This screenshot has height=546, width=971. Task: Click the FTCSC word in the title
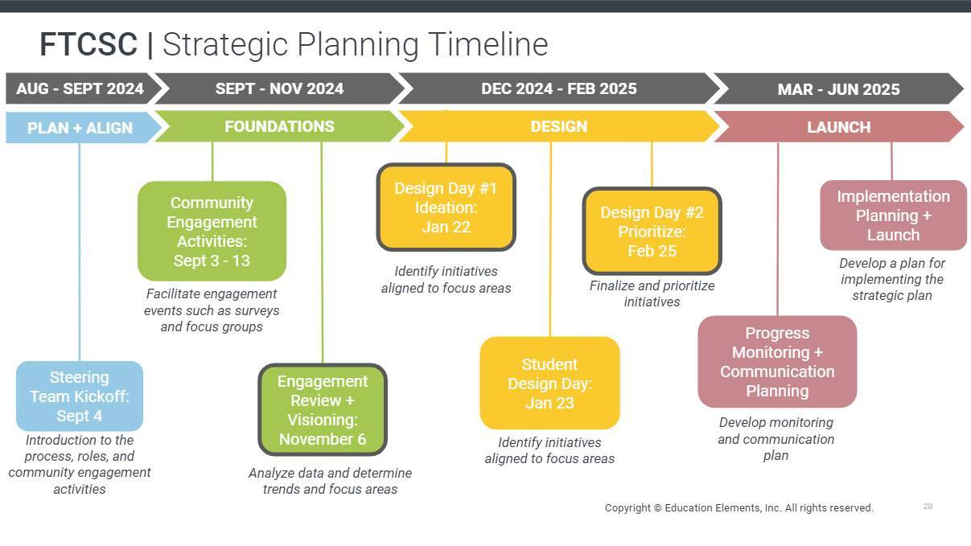click(88, 44)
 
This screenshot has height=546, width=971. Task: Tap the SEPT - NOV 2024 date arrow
click(280, 88)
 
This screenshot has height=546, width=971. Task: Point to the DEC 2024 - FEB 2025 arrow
click(559, 88)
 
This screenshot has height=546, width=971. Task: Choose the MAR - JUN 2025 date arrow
click(838, 88)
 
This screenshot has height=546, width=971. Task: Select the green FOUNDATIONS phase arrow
click(280, 126)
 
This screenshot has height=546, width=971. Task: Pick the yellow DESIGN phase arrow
click(559, 126)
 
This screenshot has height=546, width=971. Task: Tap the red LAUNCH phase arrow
click(838, 127)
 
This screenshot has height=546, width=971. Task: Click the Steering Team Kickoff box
click(80, 396)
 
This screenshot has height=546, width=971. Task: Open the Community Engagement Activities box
click(212, 231)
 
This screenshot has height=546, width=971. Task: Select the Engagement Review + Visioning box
click(323, 409)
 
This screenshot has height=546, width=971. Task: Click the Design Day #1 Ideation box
click(446, 207)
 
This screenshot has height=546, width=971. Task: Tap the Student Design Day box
click(549, 383)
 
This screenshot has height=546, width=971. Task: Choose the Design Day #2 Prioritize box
click(652, 231)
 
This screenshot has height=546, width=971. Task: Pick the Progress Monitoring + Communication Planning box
click(777, 362)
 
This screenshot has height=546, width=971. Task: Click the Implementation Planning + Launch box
click(893, 216)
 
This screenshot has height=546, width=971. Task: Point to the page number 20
click(928, 506)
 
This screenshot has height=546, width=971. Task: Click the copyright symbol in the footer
click(657, 508)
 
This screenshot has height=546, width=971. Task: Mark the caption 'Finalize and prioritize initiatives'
click(652, 294)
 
